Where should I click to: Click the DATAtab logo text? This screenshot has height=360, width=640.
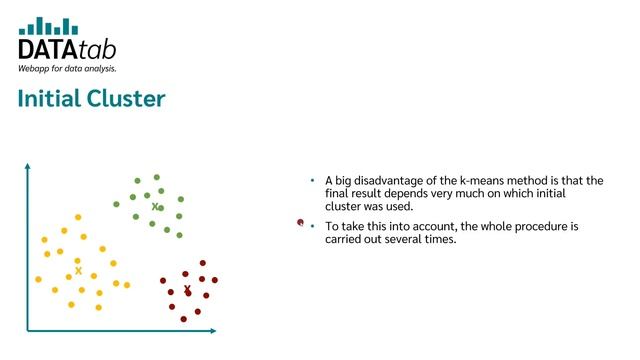click(x=67, y=50)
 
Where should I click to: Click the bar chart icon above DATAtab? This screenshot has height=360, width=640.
click(x=46, y=26)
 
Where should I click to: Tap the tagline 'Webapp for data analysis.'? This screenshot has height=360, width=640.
click(x=67, y=69)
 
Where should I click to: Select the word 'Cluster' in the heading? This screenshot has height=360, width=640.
click(x=131, y=99)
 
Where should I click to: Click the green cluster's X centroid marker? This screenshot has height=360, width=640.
click(x=155, y=207)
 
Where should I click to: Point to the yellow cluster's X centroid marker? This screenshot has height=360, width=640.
click(x=78, y=271)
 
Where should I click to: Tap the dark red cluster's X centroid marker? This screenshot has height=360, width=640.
click(x=187, y=289)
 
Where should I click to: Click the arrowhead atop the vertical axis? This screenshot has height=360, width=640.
click(x=28, y=167)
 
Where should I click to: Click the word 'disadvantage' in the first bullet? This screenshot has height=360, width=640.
click(x=388, y=181)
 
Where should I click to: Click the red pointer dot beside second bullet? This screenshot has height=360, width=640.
click(x=301, y=223)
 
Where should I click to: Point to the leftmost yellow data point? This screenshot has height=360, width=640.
click(x=38, y=279)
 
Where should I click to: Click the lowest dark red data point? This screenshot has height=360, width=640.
click(x=184, y=319)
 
